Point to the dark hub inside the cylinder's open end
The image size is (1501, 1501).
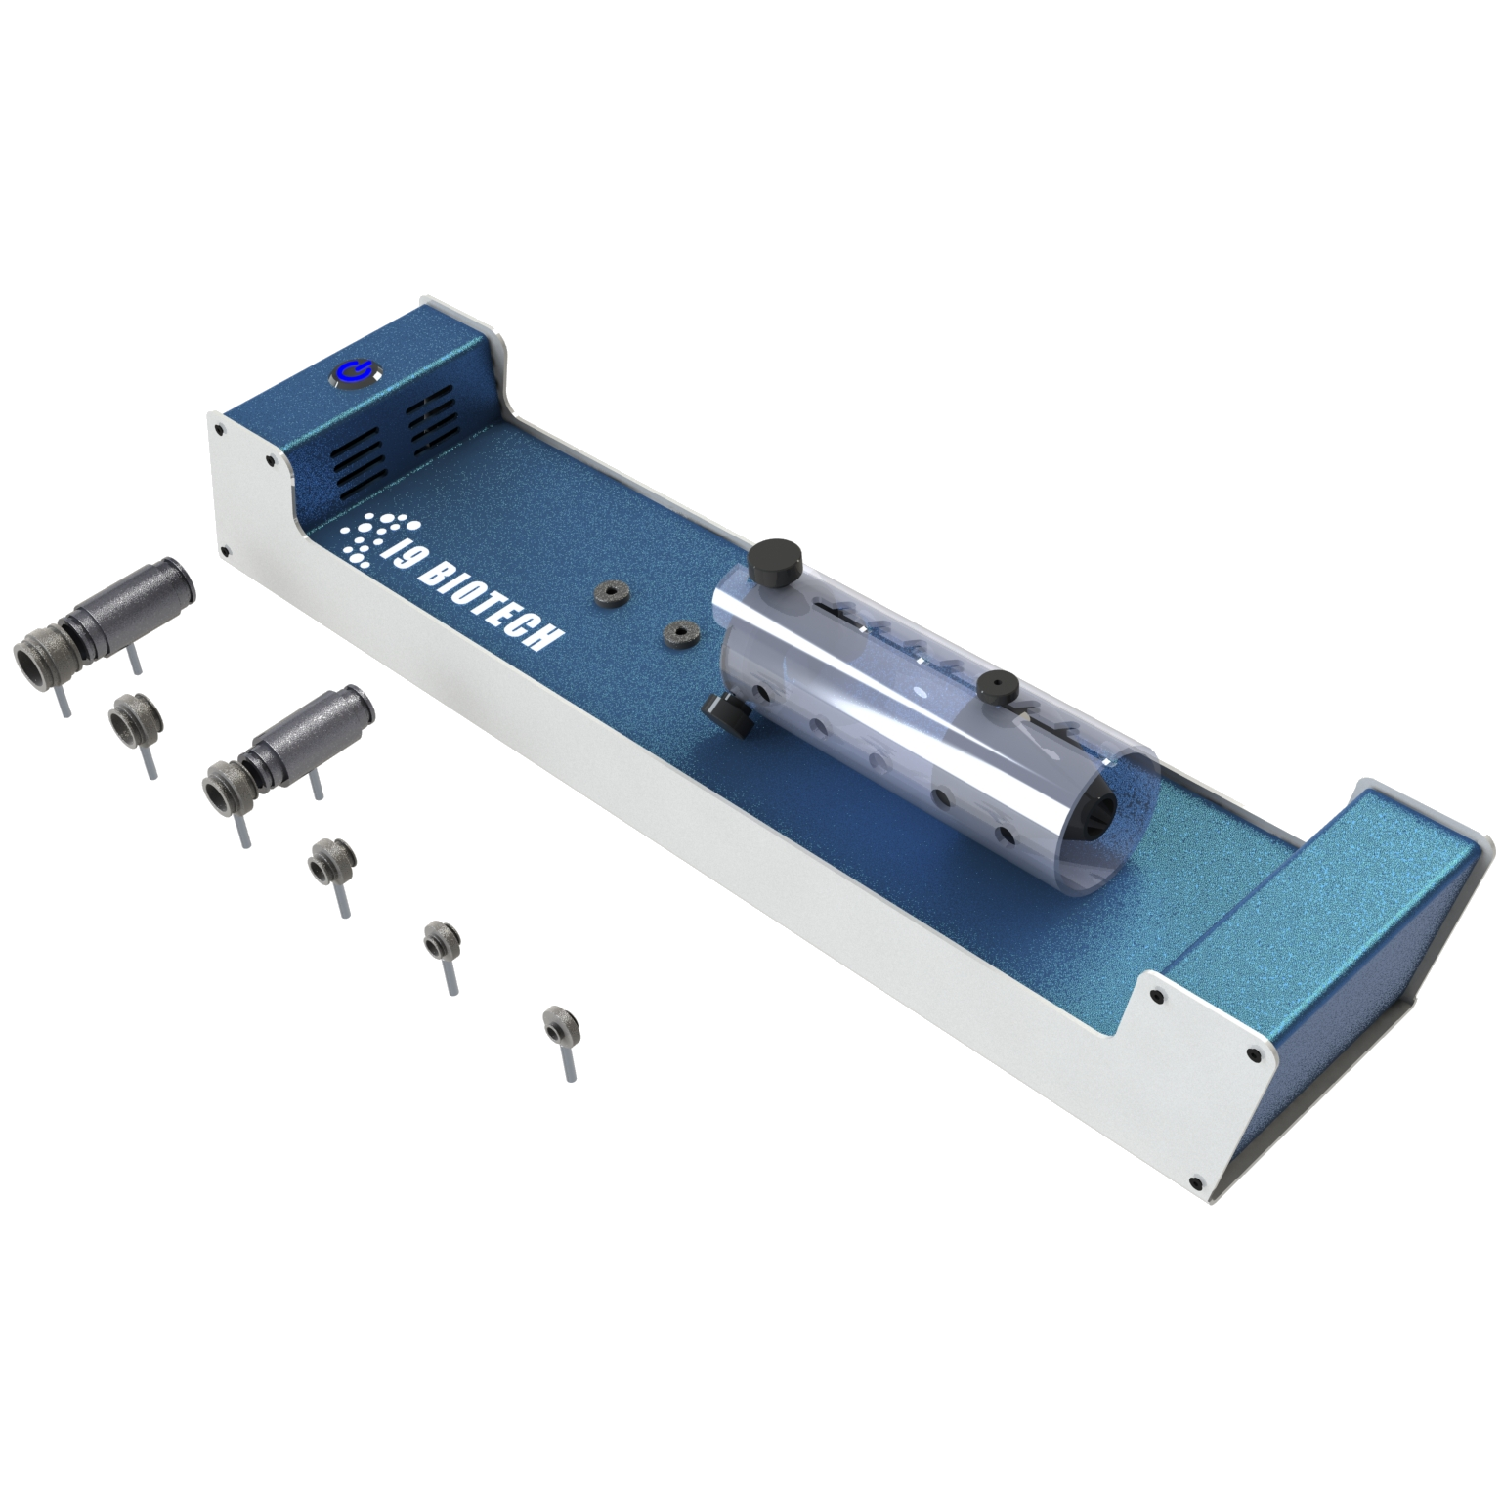(x=1100, y=814)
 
